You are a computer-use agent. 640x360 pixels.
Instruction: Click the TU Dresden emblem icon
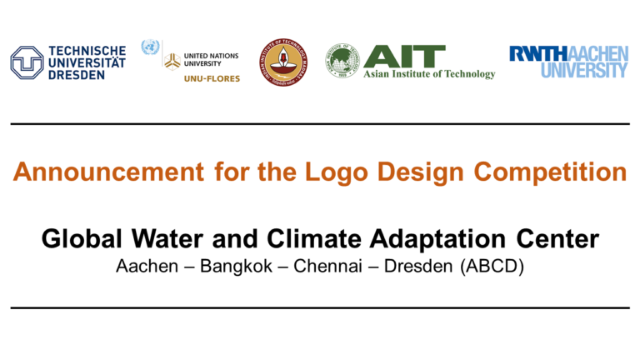(27, 62)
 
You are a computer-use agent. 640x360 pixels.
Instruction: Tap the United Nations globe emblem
(150, 47)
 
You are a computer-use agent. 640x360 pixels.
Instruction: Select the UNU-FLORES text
(212, 78)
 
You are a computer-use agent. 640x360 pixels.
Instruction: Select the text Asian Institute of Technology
(429, 74)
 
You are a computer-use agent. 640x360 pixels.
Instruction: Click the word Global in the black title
(80, 240)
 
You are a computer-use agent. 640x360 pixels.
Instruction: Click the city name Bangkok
(228, 271)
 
